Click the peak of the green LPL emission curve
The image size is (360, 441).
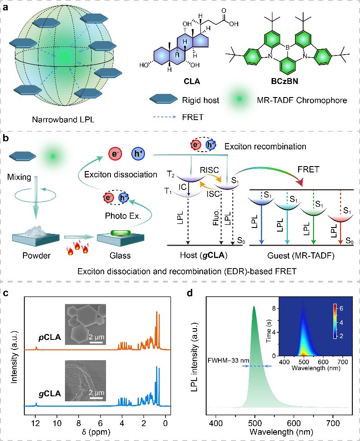pos(254,306)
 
